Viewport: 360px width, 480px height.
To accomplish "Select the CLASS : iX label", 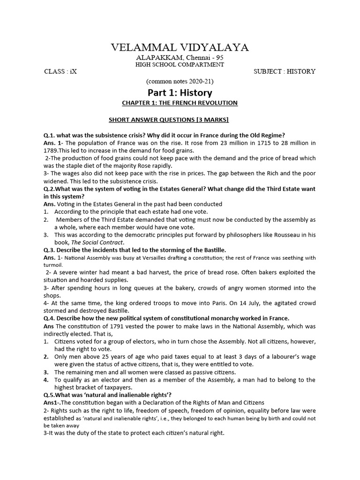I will pyautogui.click(x=60, y=72).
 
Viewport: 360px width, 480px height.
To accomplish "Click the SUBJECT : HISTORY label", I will pyautogui.click(x=284, y=72).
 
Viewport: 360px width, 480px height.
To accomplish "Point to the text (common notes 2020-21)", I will pyautogui.click(x=180, y=81).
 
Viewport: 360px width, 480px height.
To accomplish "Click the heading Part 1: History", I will pyautogui.click(x=180, y=92).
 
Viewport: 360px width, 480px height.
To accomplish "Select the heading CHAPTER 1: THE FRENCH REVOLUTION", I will pyautogui.click(x=180, y=103).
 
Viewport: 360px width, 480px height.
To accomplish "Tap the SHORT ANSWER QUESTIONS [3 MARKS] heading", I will pyautogui.click(x=169, y=120).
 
